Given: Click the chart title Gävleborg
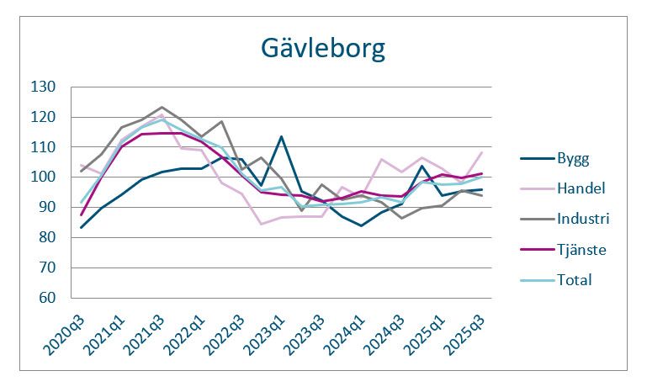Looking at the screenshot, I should pos(323,48).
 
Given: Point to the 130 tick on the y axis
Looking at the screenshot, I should pos(43,87).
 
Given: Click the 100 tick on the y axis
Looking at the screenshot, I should pos(43,177).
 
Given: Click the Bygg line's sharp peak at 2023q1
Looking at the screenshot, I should pos(281,136).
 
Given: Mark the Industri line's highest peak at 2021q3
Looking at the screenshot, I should pos(162,108).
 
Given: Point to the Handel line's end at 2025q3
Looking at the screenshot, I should pos(481,152).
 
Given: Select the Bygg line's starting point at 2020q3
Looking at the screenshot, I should pos(82,227).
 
